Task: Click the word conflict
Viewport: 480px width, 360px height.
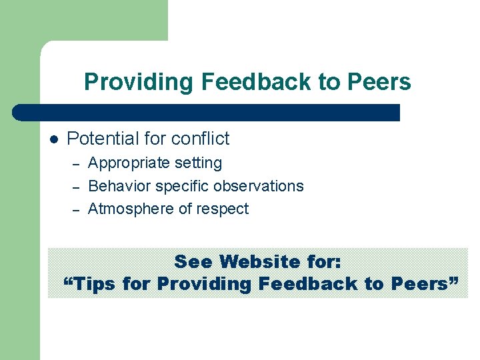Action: pos(200,139)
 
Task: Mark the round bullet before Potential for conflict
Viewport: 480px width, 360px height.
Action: pos(54,139)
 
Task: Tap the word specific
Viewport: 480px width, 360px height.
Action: pos(175,187)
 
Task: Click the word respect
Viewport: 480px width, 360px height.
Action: pos(223,209)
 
